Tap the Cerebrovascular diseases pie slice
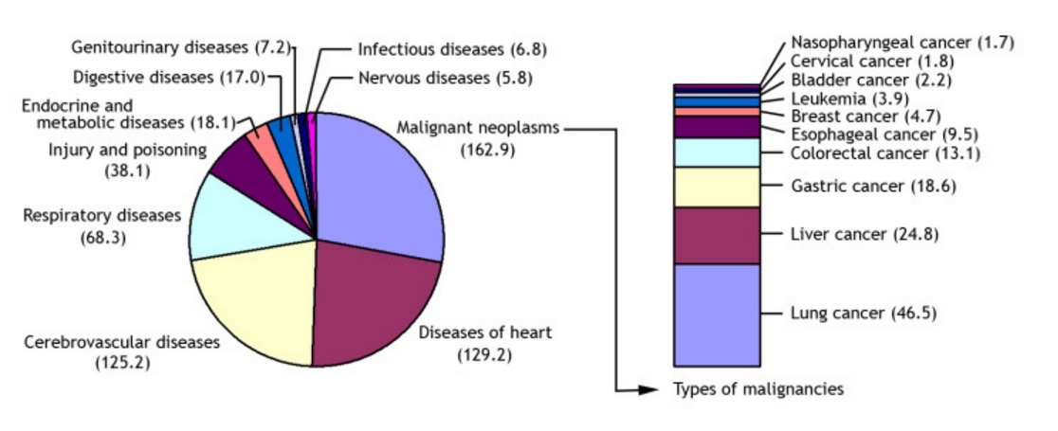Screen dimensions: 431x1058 click(256, 303)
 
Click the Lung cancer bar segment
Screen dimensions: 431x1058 click(717, 314)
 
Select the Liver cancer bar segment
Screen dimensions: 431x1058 click(717, 235)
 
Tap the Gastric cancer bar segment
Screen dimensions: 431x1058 click(717, 187)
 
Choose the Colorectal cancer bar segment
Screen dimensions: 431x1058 click(717, 153)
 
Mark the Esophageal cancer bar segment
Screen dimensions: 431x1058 click(717, 127)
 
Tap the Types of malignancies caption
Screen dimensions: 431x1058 click(757, 389)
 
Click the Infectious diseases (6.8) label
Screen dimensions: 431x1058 click(452, 50)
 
